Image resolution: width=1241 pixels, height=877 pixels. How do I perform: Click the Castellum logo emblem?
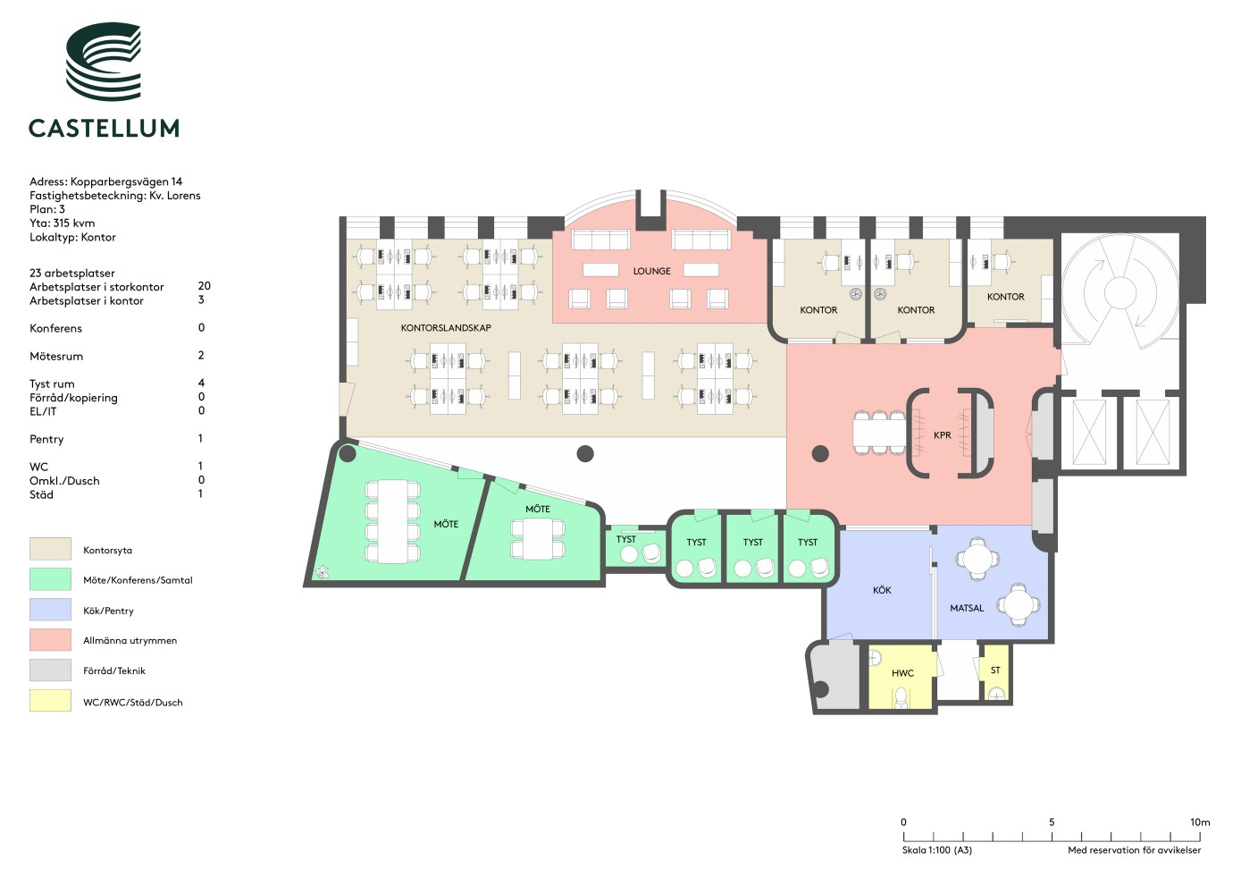point(104,62)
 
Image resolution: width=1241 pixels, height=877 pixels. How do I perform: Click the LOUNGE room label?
point(651,271)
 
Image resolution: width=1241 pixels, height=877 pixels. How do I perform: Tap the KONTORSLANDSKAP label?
point(446,327)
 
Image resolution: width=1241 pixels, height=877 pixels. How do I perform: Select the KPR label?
point(942,435)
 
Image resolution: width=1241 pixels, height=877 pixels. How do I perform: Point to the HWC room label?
point(902,673)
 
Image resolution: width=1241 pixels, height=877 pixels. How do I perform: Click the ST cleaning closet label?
point(995,670)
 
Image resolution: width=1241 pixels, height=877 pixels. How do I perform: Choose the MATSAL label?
point(967,608)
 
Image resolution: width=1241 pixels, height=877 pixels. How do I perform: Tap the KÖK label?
point(882,590)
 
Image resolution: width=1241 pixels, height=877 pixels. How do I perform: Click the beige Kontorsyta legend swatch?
point(50,549)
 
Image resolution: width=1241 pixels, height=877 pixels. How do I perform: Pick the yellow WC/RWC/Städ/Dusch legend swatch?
point(50,700)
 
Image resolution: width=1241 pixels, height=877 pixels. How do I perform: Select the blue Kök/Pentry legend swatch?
point(50,609)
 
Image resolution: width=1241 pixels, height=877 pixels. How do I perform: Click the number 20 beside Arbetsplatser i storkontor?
point(204,286)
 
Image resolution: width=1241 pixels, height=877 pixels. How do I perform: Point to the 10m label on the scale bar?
point(1200,822)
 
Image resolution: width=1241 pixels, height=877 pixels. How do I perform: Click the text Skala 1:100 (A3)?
point(937,850)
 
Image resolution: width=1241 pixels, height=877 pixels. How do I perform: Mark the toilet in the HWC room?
point(901,698)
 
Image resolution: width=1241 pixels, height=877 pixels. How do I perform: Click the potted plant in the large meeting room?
point(322,571)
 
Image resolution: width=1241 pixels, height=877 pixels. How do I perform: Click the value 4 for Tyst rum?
point(201,383)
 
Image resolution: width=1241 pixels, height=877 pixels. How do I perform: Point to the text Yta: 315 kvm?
point(62,223)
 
